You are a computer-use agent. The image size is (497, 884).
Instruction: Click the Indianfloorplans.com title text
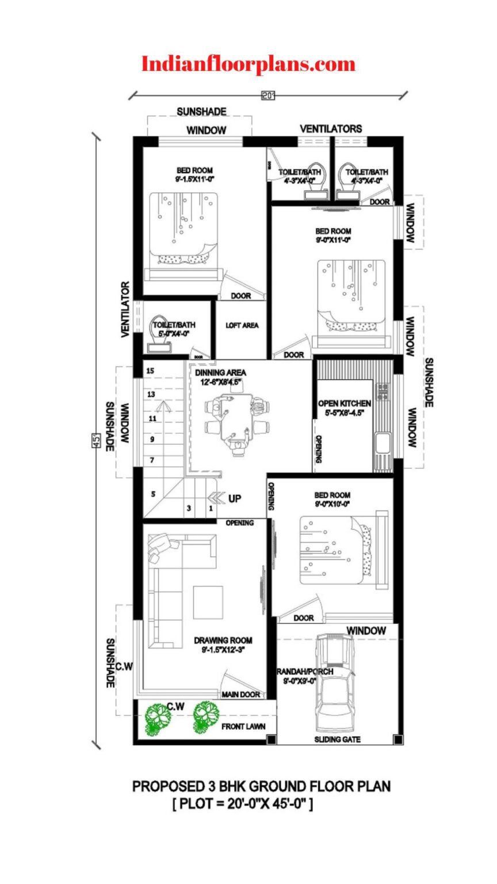click(x=248, y=63)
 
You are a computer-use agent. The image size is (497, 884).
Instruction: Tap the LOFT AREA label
click(x=242, y=325)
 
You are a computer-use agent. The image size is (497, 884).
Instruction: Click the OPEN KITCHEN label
click(x=344, y=404)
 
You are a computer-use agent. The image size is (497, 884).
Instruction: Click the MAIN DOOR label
click(x=241, y=695)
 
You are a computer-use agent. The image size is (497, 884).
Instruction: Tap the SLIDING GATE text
click(x=338, y=740)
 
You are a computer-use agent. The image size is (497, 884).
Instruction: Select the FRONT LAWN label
click(x=243, y=726)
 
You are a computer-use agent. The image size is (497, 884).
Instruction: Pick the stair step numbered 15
click(x=150, y=371)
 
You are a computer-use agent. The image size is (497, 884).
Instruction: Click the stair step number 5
click(x=153, y=494)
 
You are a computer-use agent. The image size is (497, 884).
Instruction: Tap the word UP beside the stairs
click(x=235, y=498)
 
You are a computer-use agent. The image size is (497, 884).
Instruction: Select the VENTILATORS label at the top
click(x=331, y=128)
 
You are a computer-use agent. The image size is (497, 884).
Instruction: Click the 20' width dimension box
click(x=268, y=96)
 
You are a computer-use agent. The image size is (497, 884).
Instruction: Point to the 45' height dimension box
click(x=97, y=441)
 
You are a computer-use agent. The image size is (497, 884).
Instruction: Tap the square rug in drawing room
click(x=208, y=602)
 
